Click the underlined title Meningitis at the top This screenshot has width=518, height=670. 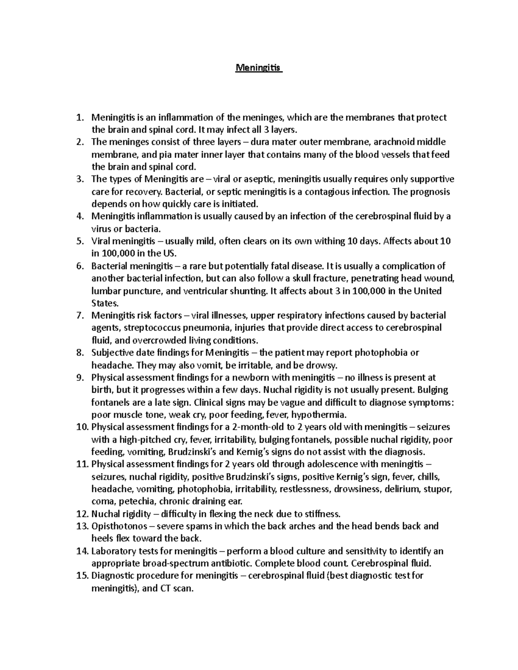point(258,68)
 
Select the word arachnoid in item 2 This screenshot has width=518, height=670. point(392,142)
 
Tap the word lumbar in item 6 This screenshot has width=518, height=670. point(105,291)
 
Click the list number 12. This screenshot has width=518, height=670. point(82,514)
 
